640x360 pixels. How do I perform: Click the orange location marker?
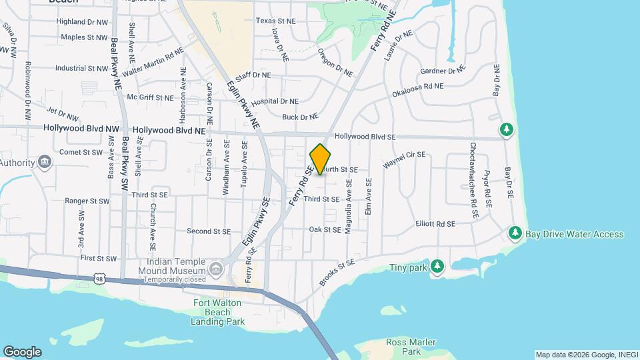coord(321,159)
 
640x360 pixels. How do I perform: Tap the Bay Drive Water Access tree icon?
coord(515,233)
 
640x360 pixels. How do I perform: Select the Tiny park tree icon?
coord(437,267)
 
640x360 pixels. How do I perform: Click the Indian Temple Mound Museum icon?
coord(215,269)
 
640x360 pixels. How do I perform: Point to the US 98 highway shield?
coord(99,276)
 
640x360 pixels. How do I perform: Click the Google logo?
coord(22,351)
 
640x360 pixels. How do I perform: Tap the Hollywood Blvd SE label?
coord(365,136)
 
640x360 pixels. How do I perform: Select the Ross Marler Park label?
coord(403,347)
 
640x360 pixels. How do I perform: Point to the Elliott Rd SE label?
coord(435,224)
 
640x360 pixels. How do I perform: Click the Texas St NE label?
coord(275,21)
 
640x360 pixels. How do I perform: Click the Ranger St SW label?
coord(87,201)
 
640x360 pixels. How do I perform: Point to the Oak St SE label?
coord(325,229)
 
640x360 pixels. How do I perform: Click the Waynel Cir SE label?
coord(403,159)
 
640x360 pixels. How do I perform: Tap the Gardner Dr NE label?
coord(442,71)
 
